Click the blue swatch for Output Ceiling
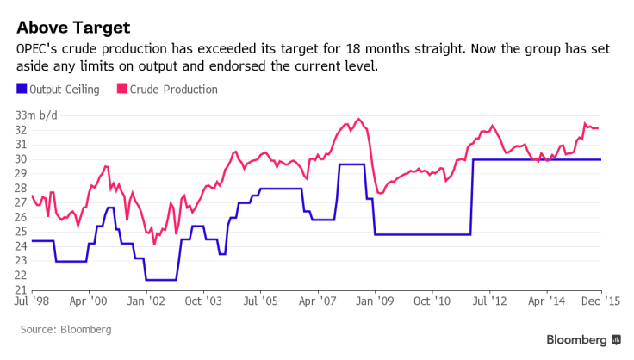(x=22, y=90)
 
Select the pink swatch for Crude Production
(x=121, y=90)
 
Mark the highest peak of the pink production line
(x=358, y=119)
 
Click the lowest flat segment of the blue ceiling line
(x=161, y=280)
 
